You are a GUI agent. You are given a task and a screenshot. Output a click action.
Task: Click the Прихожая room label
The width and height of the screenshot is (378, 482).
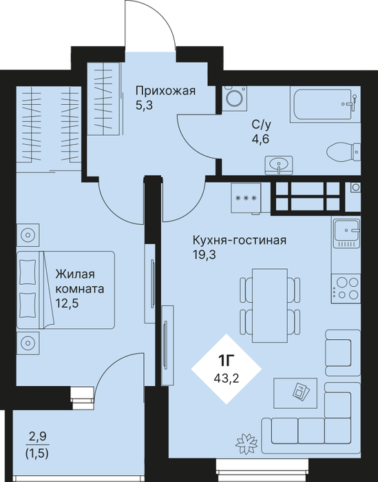165,91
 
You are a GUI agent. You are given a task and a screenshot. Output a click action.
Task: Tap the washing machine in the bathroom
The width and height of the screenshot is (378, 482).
235,99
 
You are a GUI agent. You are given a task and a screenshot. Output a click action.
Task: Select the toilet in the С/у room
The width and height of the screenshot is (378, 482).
344,152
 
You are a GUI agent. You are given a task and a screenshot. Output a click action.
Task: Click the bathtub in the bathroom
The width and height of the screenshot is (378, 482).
325,104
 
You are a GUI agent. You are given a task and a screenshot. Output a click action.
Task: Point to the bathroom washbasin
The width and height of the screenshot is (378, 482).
279,165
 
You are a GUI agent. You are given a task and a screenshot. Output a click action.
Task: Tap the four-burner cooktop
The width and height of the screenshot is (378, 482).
346,288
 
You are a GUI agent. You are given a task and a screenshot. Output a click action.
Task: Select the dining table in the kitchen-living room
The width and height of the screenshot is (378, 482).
270,305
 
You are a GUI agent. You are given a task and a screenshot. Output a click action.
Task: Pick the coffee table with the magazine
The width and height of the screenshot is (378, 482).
295,393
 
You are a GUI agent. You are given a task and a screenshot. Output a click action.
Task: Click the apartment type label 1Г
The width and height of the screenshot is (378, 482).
226,361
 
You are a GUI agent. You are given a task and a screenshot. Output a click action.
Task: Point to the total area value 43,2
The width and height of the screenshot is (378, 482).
226,376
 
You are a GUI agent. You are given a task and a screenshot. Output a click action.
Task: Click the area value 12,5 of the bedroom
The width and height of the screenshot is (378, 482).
67,303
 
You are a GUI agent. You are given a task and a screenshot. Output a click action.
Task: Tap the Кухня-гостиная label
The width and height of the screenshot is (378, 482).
240,240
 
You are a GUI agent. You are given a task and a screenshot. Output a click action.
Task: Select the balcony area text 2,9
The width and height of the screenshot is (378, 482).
37,436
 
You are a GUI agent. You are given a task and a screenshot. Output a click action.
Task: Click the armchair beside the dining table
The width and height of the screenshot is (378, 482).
343,352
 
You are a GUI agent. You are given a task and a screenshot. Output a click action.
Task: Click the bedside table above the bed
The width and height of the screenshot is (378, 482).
28,235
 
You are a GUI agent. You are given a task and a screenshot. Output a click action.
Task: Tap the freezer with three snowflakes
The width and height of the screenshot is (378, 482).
246,198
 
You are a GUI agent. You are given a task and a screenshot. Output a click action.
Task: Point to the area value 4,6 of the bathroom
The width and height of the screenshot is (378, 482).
260,139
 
